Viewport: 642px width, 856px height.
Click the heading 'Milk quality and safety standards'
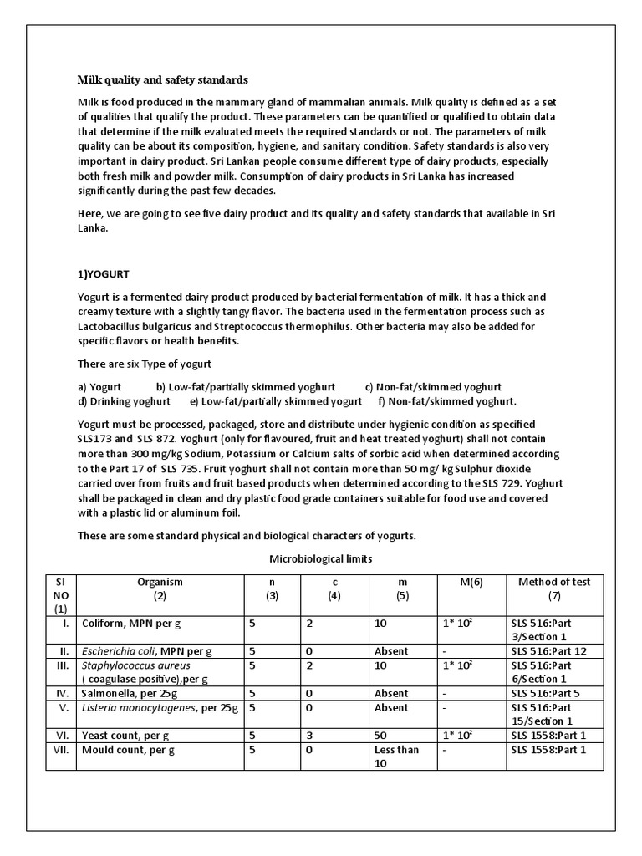click(163, 80)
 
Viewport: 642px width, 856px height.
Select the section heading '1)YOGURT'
click(104, 273)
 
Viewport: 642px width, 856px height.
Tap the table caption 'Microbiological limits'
click(320, 558)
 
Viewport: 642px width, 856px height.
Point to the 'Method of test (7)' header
click(553, 588)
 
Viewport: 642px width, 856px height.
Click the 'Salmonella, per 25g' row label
click(128, 693)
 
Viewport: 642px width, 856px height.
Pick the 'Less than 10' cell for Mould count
click(397, 757)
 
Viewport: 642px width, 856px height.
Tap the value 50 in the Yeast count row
click(382, 735)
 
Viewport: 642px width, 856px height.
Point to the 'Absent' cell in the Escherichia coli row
click(391, 651)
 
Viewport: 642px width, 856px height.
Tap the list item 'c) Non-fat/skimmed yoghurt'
click(433, 387)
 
